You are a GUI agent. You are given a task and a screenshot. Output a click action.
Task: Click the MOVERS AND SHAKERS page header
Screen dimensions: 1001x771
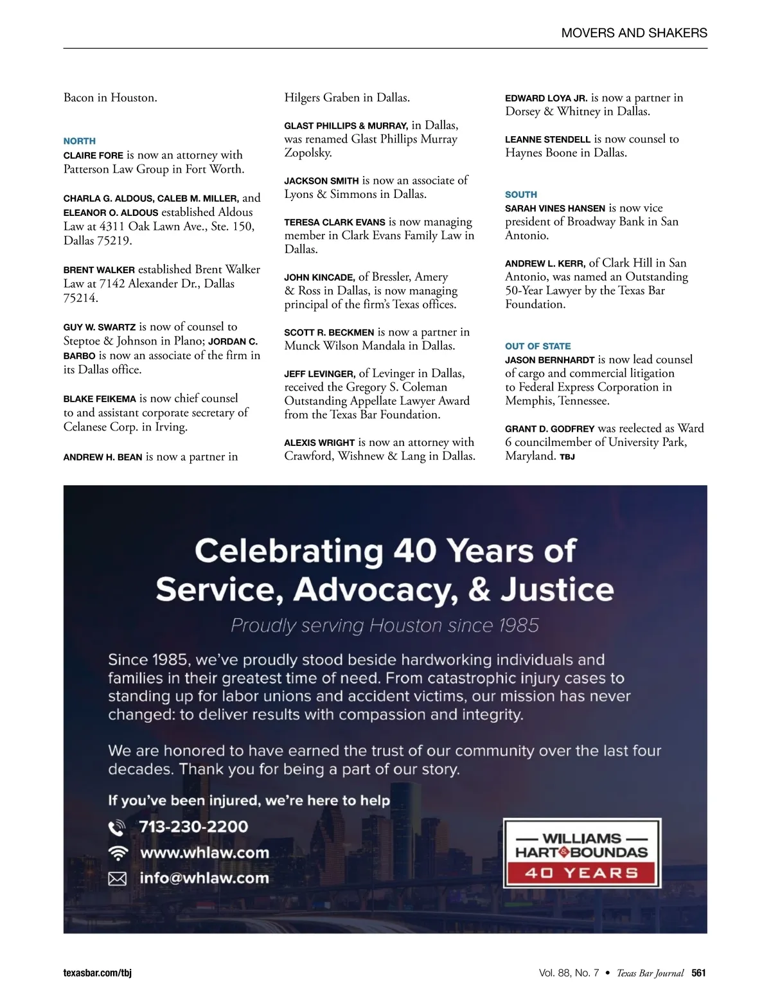click(634, 33)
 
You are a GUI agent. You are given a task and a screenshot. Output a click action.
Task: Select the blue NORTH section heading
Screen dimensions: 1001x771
click(80, 141)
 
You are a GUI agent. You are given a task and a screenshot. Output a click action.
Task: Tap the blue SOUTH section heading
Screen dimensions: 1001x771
click(521, 194)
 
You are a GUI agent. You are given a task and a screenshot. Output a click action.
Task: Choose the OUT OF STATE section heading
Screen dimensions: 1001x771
click(538, 346)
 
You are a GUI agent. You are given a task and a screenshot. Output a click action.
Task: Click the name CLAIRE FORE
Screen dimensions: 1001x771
click(93, 155)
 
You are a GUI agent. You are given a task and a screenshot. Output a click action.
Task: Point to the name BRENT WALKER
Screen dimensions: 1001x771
click(99, 270)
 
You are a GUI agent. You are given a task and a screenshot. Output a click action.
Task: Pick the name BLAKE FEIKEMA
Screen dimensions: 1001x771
click(100, 399)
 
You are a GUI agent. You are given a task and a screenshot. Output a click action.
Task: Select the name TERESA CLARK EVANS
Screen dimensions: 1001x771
click(335, 222)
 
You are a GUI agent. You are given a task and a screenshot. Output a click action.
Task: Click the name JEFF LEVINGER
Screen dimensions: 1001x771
click(319, 374)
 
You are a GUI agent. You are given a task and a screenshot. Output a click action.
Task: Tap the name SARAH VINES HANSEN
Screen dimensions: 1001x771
click(555, 208)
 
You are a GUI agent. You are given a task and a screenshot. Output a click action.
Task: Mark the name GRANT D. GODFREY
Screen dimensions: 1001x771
click(549, 429)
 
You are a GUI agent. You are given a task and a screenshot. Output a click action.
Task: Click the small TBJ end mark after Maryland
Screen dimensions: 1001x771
click(567, 457)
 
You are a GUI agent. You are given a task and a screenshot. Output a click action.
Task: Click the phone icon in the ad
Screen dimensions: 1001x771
click(117, 828)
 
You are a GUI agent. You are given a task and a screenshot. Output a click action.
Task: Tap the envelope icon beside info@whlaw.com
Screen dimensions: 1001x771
click(117, 878)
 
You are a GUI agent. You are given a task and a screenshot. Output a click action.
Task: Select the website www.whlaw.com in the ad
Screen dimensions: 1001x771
click(204, 853)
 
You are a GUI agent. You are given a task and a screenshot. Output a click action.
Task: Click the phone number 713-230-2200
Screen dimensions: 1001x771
click(193, 827)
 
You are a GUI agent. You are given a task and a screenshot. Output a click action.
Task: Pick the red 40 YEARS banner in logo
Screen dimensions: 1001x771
click(581, 873)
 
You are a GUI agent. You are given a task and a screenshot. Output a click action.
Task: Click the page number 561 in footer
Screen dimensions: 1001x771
click(698, 973)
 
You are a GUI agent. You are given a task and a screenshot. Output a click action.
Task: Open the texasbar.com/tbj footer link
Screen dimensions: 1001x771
click(98, 973)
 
